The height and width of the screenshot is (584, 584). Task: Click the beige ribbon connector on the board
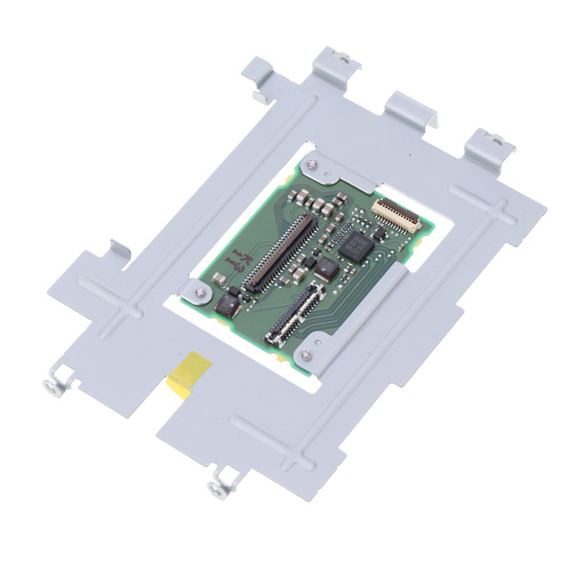point(397,214)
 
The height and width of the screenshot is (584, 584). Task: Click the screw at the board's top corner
point(311,165)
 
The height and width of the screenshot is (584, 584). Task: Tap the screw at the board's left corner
point(198,293)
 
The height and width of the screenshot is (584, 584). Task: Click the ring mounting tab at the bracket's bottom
point(217,487)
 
